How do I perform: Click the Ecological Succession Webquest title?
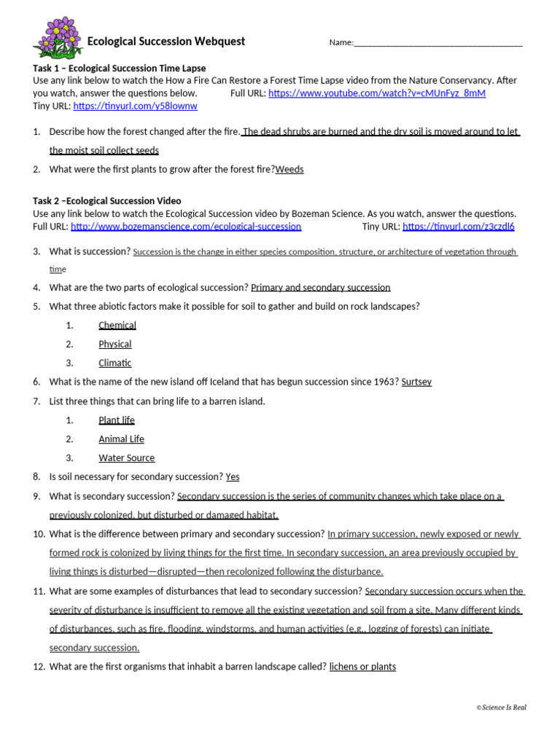166,42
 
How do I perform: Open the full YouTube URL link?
377,93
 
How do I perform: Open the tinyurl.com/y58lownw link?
135,106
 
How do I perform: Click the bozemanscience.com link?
185,227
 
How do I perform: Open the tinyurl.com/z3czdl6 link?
458,227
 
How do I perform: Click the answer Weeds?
289,170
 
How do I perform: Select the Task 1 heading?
119,68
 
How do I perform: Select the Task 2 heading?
107,201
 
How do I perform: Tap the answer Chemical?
117,326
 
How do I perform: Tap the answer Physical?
115,345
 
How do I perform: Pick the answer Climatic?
115,364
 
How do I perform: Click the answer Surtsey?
416,382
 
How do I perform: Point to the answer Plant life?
117,420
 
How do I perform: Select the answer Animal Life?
121,439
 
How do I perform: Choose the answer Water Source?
127,458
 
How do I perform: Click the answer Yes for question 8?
233,477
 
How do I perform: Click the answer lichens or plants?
362,667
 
